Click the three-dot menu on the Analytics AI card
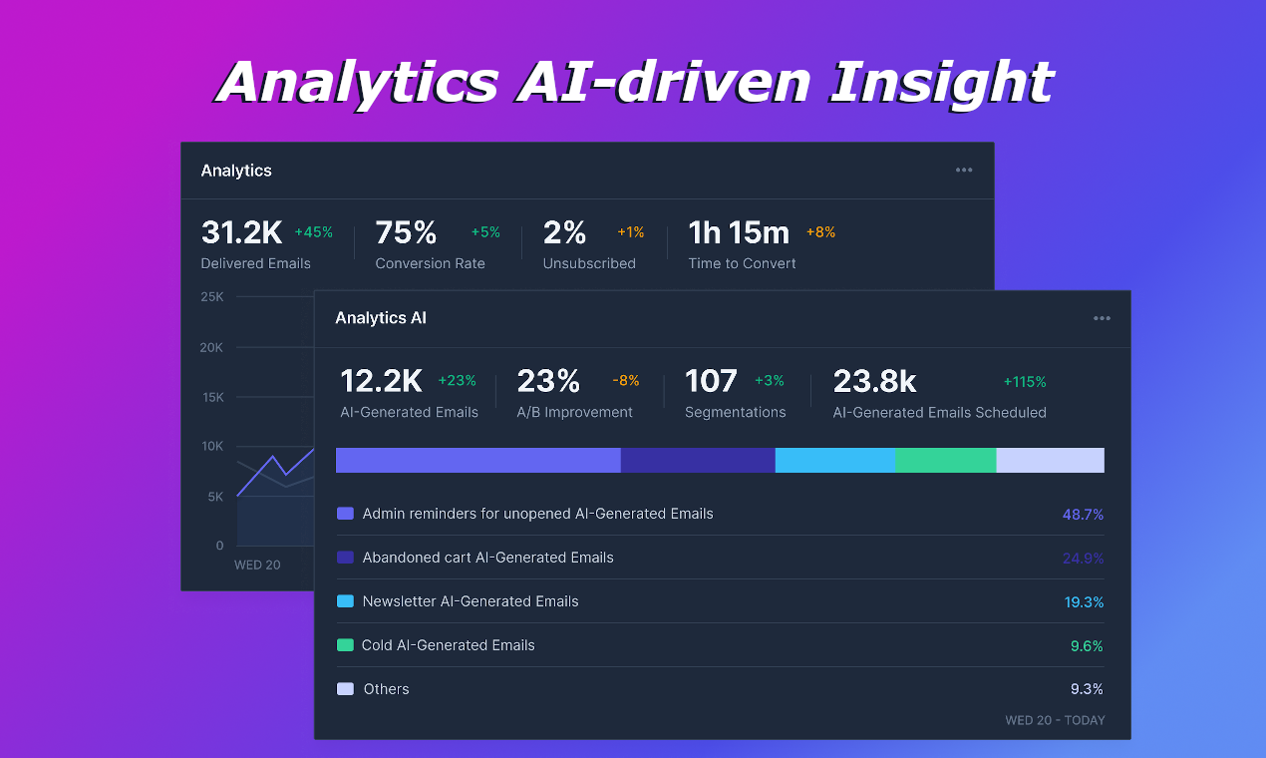[1102, 318]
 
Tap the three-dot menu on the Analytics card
[964, 170]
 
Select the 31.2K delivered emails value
[242, 232]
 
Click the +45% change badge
[314, 232]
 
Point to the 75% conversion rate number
[406, 232]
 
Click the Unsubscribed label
[589, 263]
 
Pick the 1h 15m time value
[739, 232]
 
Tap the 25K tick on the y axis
[211, 296]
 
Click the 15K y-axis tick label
[212, 397]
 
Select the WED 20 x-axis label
[257, 565]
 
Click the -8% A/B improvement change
[626, 381]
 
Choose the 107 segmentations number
[711, 381]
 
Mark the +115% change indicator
[1025, 382]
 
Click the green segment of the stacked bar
[945, 460]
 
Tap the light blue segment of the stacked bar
[834, 460]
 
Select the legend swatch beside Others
[345, 689]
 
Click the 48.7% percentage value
[1083, 515]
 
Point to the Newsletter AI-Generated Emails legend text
[471, 601]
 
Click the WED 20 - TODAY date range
[1055, 720]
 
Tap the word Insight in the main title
[941, 82]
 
